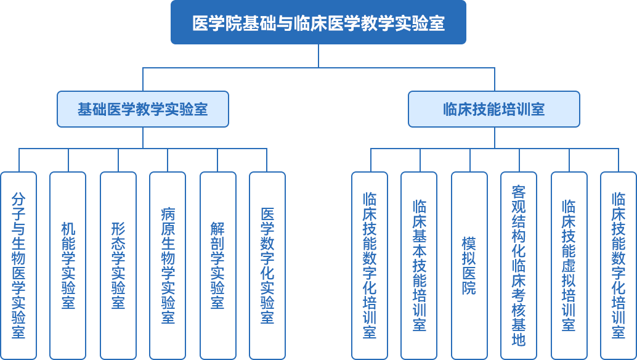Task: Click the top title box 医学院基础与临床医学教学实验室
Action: (x=318, y=23)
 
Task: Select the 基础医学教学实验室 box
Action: (x=143, y=110)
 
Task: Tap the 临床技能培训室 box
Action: (x=494, y=110)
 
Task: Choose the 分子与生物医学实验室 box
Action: (x=18, y=265)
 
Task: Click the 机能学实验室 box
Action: (x=68, y=265)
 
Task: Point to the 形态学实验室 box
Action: (x=118, y=265)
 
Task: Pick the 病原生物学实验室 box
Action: (x=168, y=265)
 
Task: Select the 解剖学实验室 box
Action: (x=217, y=265)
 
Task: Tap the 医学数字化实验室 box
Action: (x=267, y=265)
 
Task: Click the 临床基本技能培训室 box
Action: (x=420, y=265)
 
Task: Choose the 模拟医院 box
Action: (x=469, y=265)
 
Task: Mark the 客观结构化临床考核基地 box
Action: (x=519, y=265)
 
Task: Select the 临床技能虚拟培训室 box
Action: (x=569, y=265)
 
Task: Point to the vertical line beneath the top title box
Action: (x=318, y=55)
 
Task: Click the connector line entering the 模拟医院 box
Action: (x=470, y=160)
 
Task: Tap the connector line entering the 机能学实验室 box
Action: (x=68, y=160)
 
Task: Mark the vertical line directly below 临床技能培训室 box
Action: (x=494, y=137)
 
